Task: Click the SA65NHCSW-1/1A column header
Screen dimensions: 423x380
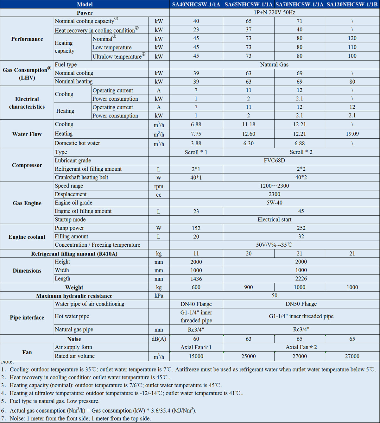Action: point(248,4)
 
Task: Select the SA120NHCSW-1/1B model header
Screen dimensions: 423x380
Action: point(352,4)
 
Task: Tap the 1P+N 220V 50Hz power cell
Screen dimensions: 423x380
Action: point(274,13)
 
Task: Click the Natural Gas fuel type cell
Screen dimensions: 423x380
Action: point(274,65)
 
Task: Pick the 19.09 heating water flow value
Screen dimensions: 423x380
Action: point(352,134)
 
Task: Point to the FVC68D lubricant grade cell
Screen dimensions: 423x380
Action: point(274,161)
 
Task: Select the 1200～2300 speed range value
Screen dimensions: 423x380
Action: point(274,186)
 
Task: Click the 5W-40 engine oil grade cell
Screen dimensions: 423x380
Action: point(274,203)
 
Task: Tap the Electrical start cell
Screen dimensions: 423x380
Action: point(274,219)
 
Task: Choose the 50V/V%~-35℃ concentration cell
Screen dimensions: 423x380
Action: point(274,245)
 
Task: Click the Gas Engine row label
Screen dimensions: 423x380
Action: point(27,203)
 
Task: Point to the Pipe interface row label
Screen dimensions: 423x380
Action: point(27,318)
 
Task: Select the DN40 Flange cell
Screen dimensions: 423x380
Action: point(196,304)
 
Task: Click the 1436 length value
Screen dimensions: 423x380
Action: point(196,279)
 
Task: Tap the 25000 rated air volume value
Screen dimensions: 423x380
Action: point(248,357)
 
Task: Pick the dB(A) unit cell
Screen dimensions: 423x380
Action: point(159,339)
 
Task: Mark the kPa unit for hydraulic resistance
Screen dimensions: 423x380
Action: point(159,296)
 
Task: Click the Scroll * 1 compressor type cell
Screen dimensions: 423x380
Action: point(196,152)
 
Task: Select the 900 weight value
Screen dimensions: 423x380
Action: point(248,287)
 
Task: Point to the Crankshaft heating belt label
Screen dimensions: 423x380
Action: point(81,177)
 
